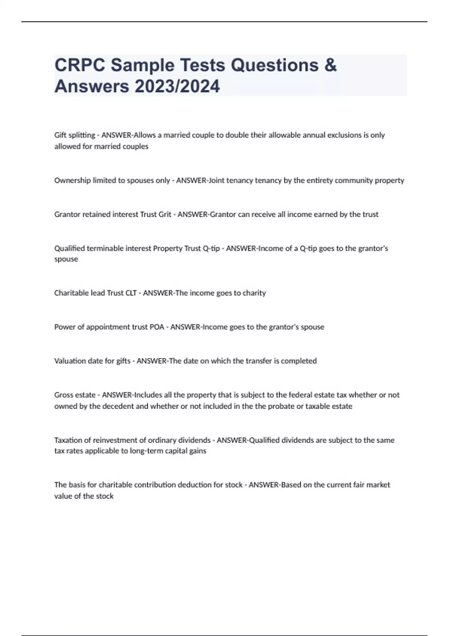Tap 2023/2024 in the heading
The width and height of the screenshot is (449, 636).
(177, 86)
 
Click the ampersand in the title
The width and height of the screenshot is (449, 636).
(330, 65)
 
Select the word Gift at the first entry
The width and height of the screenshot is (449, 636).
(60, 135)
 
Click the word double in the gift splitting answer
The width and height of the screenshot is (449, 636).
(237, 135)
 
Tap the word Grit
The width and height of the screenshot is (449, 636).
(165, 214)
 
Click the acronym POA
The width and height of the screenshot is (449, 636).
(157, 327)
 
